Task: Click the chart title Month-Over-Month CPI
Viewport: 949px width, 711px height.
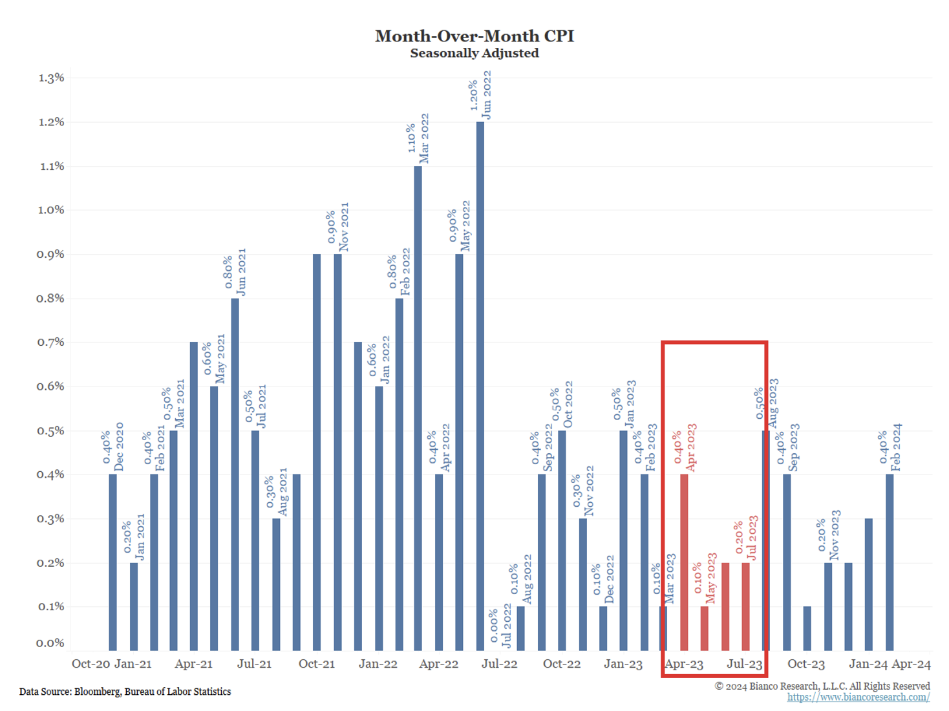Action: coord(474,36)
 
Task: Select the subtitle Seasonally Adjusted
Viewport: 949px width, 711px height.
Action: coord(474,53)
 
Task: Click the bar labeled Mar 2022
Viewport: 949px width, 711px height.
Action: coord(418,407)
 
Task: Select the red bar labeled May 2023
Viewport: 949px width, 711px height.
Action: coord(705,628)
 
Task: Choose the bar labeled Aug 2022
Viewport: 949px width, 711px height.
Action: coord(521,628)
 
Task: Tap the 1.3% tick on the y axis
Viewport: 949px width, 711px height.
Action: coord(51,78)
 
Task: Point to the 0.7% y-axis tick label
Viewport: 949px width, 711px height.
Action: coord(51,343)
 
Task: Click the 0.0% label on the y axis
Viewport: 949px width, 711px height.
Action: coord(51,643)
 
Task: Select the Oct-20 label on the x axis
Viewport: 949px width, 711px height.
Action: coord(91,664)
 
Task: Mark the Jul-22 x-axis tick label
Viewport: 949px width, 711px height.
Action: coord(500,664)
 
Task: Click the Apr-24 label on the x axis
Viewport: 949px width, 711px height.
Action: coord(911,664)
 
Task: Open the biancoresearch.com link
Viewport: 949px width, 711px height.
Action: coord(858,697)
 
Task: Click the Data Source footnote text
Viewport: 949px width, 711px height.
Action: coord(125,692)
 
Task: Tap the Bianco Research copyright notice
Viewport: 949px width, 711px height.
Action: coord(822,686)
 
